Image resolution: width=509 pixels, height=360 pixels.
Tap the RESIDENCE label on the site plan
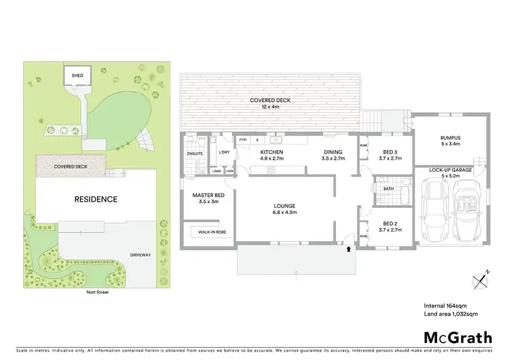(96, 200)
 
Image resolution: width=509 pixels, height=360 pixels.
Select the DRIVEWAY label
(141, 255)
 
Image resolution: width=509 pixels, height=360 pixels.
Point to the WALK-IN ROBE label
(212, 232)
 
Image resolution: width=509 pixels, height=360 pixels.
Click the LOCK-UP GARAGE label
(451, 170)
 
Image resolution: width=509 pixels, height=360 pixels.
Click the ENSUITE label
(195, 154)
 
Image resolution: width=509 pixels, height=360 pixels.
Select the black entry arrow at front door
(350, 249)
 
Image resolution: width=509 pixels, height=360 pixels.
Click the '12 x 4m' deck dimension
(270, 107)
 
